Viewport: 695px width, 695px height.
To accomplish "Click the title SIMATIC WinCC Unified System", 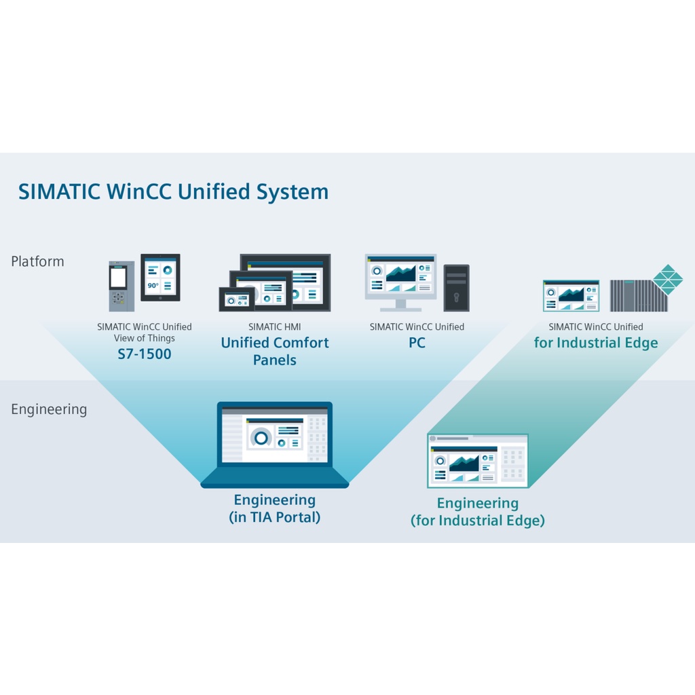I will click(x=173, y=191).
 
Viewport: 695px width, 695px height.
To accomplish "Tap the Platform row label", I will click(x=37, y=261).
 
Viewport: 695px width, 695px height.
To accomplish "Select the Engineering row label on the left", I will click(x=49, y=409).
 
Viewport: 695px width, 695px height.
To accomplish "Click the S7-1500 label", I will click(x=144, y=354).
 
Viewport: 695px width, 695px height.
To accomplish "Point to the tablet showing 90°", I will click(x=160, y=277).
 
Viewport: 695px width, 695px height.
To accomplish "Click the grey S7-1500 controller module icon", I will click(x=117, y=286).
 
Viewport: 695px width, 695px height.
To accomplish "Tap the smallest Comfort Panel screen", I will click(x=236, y=299).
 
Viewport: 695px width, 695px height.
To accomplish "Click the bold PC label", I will click(x=417, y=343).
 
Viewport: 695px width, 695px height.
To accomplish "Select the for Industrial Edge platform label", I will click(x=595, y=343).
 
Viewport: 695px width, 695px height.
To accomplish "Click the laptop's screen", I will click(x=274, y=434).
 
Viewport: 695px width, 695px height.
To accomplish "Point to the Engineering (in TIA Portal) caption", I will click(x=274, y=508).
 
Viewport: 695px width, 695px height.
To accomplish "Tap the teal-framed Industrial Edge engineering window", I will click(x=477, y=461).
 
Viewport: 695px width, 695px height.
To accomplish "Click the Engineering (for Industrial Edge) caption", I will click(x=477, y=512).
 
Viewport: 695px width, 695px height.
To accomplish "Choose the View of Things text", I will click(x=144, y=338).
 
